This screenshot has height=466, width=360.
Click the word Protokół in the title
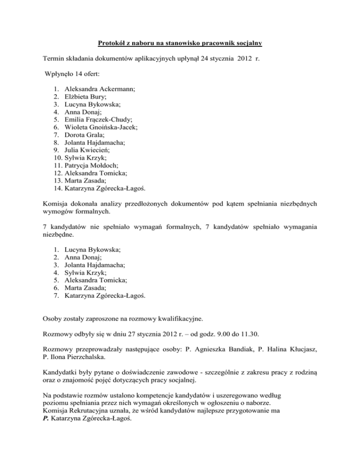pos(112,44)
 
